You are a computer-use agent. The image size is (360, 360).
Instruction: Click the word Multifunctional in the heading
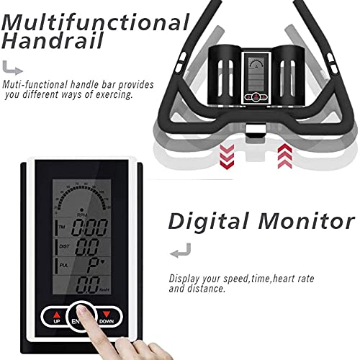(96, 22)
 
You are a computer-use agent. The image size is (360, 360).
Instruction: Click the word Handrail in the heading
(53, 41)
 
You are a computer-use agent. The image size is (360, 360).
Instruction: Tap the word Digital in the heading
(208, 222)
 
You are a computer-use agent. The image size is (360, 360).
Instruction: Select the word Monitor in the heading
(307, 222)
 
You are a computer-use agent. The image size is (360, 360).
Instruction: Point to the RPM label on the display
(82, 215)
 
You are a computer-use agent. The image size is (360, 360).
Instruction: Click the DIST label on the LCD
(64, 246)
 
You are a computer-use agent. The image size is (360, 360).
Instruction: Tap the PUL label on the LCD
(64, 265)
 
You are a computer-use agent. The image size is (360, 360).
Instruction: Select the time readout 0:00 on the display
(89, 228)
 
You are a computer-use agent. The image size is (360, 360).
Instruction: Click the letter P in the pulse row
(93, 266)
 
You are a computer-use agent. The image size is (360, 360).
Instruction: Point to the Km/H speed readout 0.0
(88, 284)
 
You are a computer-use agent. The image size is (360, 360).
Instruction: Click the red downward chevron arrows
(227, 156)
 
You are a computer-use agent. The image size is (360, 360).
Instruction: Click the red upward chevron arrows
(285, 156)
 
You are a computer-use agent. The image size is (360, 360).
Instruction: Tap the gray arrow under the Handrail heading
(12, 68)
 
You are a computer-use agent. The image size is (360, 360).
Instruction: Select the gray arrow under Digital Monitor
(181, 251)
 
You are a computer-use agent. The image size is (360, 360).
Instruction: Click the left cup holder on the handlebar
(225, 75)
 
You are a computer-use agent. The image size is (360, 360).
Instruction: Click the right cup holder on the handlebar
(288, 75)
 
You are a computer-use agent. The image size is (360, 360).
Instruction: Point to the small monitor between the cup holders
(256, 78)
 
